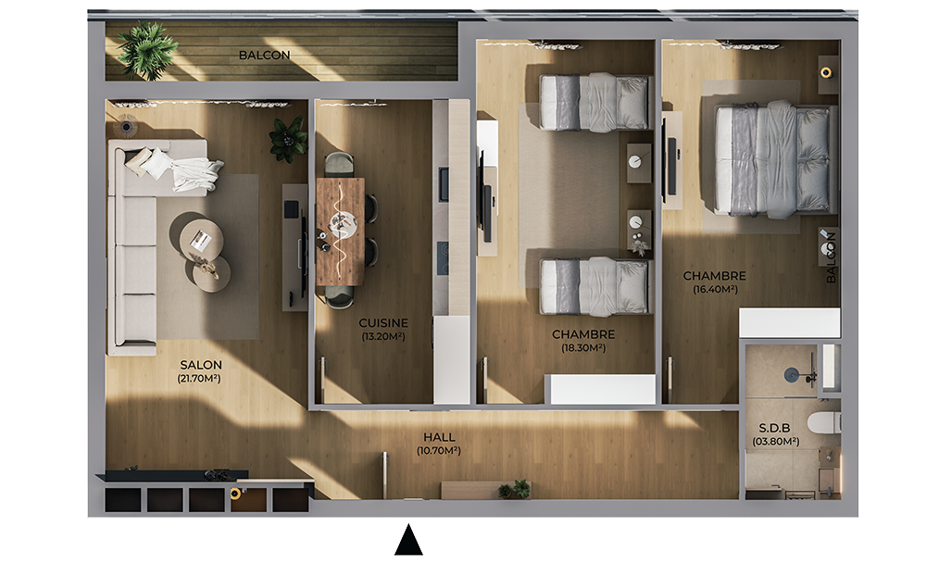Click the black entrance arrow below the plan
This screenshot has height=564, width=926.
(x=408, y=540)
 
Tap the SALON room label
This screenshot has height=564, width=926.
(x=201, y=365)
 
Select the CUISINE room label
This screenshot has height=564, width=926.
(x=383, y=323)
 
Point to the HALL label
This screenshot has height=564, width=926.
(x=439, y=437)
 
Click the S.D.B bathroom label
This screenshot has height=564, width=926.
(x=775, y=428)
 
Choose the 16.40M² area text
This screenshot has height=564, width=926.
(x=715, y=289)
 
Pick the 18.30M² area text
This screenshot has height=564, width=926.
(x=583, y=348)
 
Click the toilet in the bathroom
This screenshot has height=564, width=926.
(x=824, y=423)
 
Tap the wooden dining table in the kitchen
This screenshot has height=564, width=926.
(x=340, y=232)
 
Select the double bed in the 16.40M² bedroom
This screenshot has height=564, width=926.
(x=776, y=159)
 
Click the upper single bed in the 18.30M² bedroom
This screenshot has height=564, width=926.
(x=594, y=102)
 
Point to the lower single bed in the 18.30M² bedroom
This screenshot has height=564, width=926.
(x=594, y=286)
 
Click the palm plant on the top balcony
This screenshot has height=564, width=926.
(x=146, y=51)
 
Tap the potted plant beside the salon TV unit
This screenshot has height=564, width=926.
(x=288, y=139)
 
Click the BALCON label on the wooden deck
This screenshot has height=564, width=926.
(x=264, y=55)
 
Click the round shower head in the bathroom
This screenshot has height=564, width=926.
(x=792, y=374)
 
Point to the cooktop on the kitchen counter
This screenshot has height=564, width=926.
(x=443, y=257)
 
